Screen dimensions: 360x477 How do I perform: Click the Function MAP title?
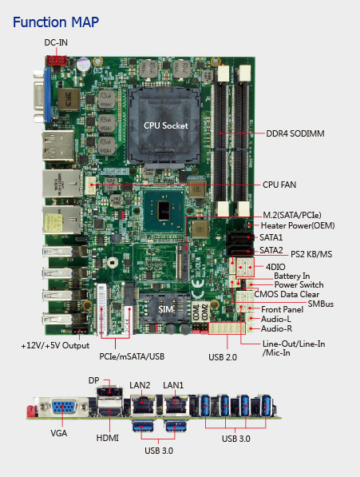coord(56,22)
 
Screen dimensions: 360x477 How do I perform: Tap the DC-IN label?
coord(56,42)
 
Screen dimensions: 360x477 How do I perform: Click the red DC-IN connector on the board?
coord(56,61)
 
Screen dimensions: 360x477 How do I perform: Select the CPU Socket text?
coord(166,125)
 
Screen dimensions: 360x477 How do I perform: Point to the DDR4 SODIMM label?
coord(295,133)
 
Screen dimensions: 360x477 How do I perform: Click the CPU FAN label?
coord(279,185)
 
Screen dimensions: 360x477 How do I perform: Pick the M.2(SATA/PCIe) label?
coord(292,216)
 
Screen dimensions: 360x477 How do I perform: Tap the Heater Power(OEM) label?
coord(298,226)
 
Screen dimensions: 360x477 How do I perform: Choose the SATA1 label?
coord(271,237)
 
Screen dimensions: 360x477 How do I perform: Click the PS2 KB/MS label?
coord(311,254)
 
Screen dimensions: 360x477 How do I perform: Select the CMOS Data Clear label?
coord(287,295)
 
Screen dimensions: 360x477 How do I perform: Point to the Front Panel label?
coord(283,310)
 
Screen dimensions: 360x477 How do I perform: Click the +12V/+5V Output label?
coord(55,346)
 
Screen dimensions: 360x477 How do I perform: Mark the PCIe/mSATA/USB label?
coord(132,356)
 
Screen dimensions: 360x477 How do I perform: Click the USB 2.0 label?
coord(223,357)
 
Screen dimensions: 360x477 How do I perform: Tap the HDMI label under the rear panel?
coord(108,438)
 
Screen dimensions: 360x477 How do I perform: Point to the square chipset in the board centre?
coord(164,210)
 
